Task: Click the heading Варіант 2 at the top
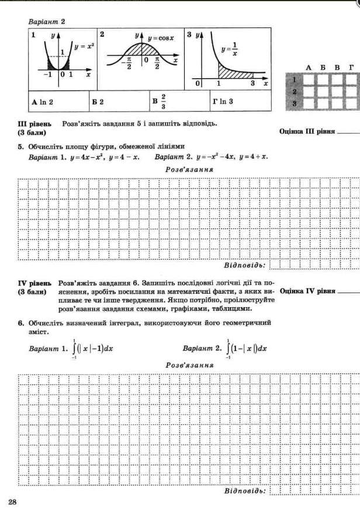coord(47,21)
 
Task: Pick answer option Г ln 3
coord(223,102)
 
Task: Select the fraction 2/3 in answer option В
coord(163,101)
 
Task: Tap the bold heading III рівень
coord(35,123)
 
